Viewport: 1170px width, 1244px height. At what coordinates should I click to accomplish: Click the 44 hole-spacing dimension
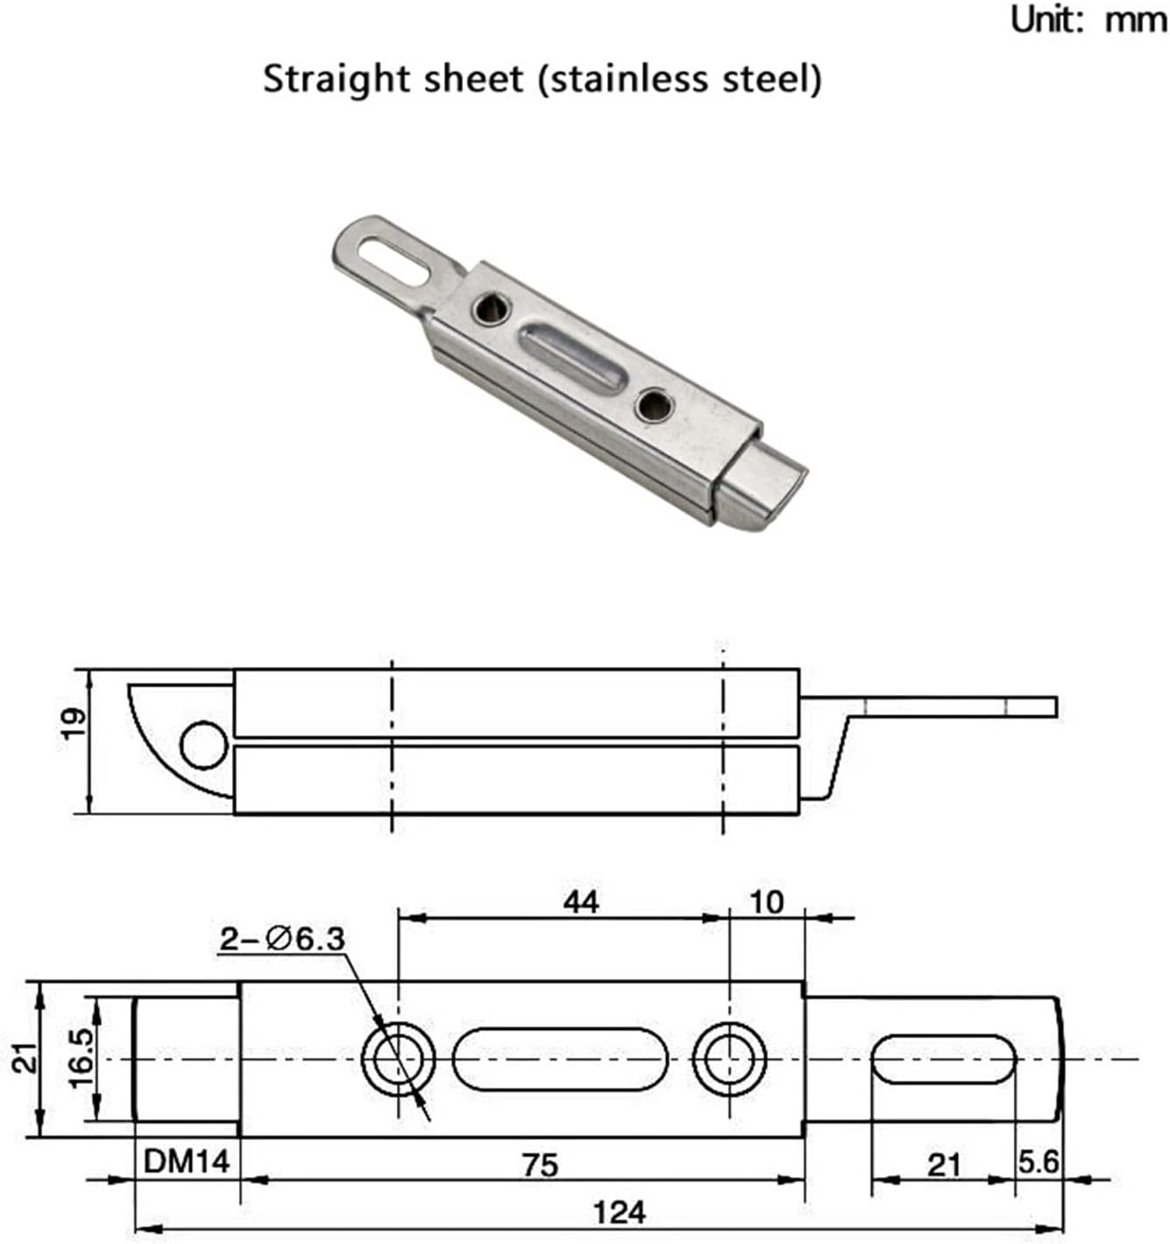581,901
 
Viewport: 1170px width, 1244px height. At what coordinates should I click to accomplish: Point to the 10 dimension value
767,902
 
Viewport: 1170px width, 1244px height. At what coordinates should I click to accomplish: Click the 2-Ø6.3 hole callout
282,940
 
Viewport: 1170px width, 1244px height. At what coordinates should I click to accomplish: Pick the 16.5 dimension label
82,1059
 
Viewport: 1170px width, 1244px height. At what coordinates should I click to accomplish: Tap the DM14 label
187,1162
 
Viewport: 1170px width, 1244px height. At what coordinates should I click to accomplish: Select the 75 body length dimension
540,1165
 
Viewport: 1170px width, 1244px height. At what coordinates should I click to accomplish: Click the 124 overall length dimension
619,1212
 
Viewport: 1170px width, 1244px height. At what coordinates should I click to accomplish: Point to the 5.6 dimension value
1039,1162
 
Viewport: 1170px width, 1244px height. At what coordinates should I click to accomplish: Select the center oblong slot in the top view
560,1059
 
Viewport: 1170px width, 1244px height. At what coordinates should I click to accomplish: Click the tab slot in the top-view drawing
943,1059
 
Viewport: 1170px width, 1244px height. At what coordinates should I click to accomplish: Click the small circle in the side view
203,745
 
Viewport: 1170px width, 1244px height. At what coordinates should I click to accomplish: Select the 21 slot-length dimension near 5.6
943,1165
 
